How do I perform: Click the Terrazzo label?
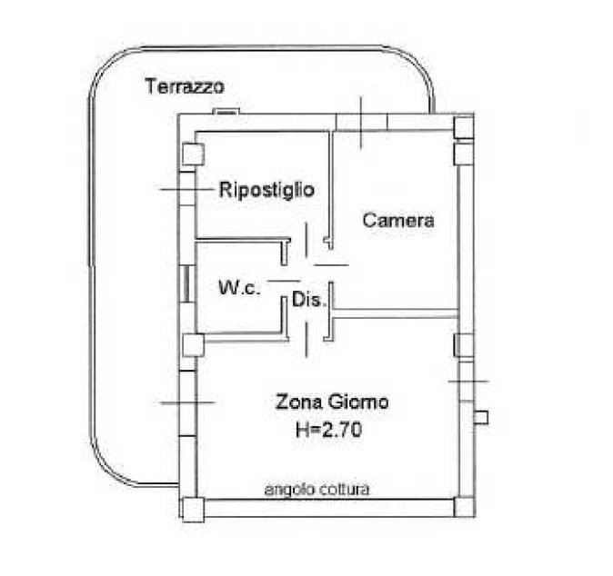(x=185, y=86)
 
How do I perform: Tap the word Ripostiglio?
(x=266, y=190)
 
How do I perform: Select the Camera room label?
(x=398, y=221)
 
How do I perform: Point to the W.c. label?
(x=239, y=288)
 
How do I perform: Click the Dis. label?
(x=309, y=300)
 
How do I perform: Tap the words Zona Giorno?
(x=332, y=402)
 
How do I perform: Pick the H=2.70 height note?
(x=328, y=430)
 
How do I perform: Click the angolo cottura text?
(x=317, y=490)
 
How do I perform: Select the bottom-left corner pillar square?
(x=193, y=509)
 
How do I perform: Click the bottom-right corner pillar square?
(x=465, y=507)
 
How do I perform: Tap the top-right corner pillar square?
(x=464, y=127)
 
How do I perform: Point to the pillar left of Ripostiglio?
(x=193, y=154)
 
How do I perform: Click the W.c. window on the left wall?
(x=187, y=283)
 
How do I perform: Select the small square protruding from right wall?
(x=482, y=417)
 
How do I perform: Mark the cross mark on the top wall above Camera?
(x=361, y=123)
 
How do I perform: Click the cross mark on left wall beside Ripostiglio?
(x=187, y=189)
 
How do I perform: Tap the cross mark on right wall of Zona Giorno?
(x=467, y=382)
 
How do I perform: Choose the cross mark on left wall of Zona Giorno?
(x=187, y=402)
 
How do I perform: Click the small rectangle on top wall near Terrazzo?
(x=226, y=112)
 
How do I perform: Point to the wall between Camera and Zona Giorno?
(x=396, y=313)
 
